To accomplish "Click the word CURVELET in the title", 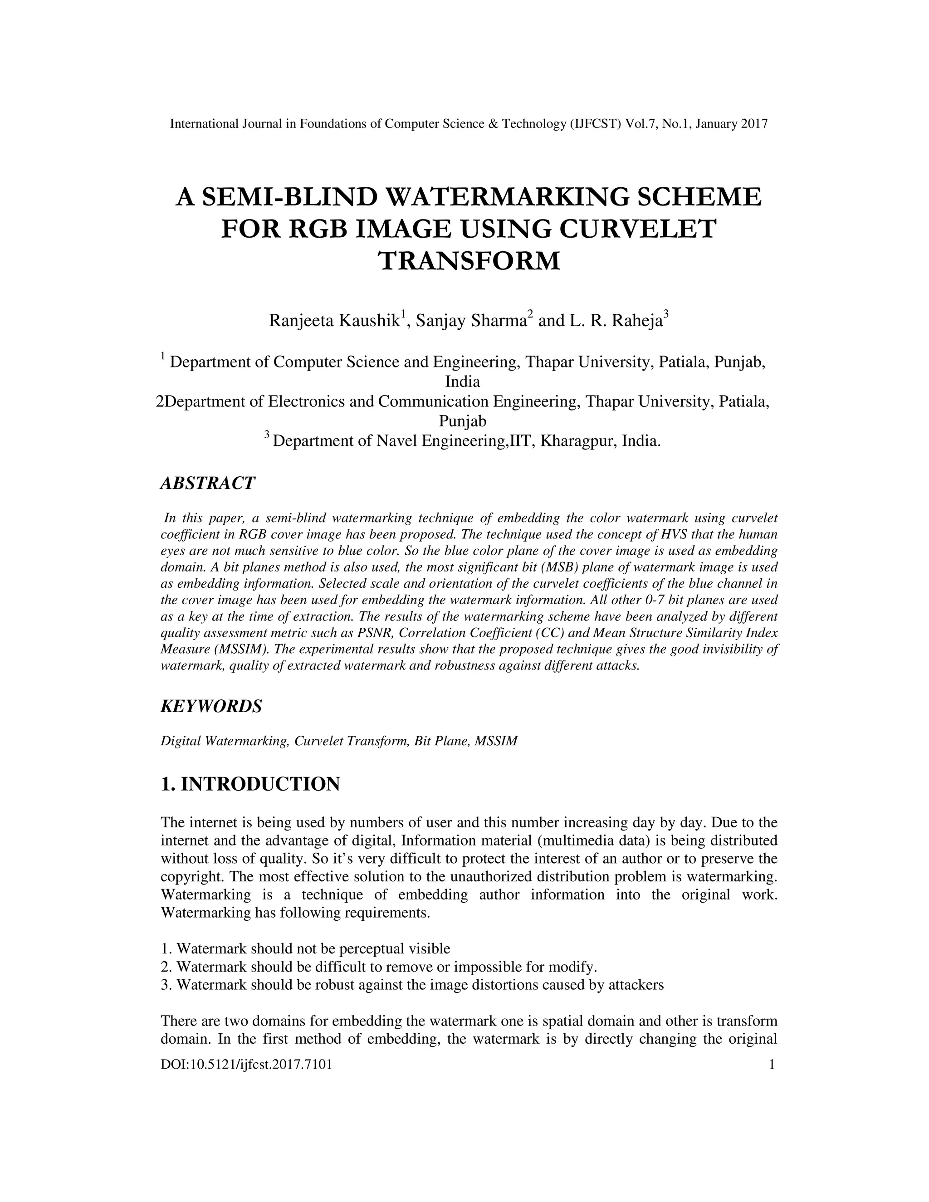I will (x=638, y=229).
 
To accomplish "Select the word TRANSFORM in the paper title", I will (x=469, y=261).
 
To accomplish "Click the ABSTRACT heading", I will (x=207, y=483).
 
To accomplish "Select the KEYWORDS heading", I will (x=211, y=706).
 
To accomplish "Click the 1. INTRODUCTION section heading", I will (x=250, y=784).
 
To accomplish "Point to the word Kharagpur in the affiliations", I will (x=578, y=441).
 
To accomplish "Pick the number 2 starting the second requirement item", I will (x=164, y=967).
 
